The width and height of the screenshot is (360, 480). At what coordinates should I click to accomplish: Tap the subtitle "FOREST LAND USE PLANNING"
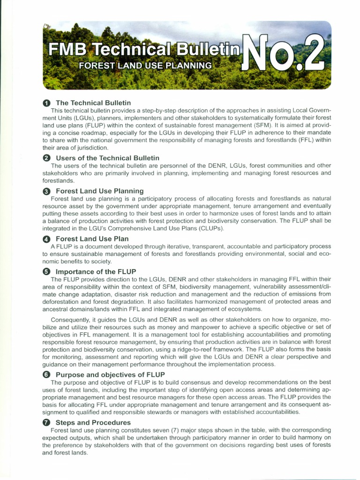[x=145, y=65]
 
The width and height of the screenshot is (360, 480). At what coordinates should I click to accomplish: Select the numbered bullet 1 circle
[x=46, y=103]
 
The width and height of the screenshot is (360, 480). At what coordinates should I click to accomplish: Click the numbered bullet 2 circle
[x=46, y=158]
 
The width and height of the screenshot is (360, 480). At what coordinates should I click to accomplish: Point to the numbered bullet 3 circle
[x=46, y=191]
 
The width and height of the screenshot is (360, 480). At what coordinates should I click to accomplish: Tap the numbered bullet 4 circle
[x=46, y=239]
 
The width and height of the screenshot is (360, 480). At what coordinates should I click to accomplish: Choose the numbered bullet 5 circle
[x=46, y=271]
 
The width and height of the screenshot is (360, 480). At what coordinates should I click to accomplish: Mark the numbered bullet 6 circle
[x=46, y=375]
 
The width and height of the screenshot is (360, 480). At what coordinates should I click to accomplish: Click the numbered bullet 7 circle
[x=46, y=422]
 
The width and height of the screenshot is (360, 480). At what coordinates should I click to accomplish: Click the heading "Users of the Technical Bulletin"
[x=107, y=158]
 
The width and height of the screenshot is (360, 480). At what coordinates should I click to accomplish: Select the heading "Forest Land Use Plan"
[x=92, y=239]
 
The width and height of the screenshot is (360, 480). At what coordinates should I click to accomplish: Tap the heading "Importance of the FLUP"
[x=96, y=271]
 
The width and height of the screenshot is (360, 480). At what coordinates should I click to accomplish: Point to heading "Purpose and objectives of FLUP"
[x=110, y=375]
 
